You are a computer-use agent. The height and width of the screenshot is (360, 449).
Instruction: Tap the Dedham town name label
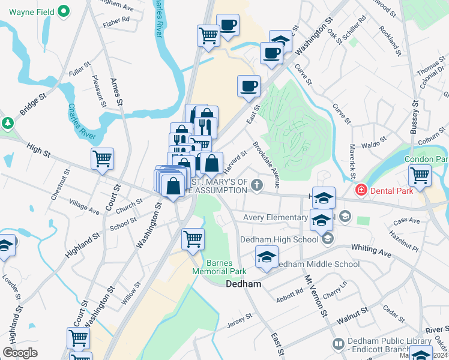(x=243, y=284)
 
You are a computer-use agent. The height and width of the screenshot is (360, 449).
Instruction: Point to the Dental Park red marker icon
(x=361, y=191)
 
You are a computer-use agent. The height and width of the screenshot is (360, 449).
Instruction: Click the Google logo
(x=20, y=353)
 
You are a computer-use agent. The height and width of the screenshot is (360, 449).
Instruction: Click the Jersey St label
(x=237, y=325)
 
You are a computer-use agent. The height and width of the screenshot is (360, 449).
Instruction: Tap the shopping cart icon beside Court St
(x=102, y=159)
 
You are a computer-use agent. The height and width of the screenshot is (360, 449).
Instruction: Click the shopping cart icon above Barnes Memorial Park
(x=193, y=239)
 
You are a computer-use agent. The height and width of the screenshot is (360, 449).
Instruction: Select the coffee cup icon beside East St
(x=249, y=86)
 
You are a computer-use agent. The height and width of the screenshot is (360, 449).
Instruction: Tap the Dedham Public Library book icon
(x=338, y=344)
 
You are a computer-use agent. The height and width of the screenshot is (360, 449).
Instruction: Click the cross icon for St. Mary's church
(x=258, y=184)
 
